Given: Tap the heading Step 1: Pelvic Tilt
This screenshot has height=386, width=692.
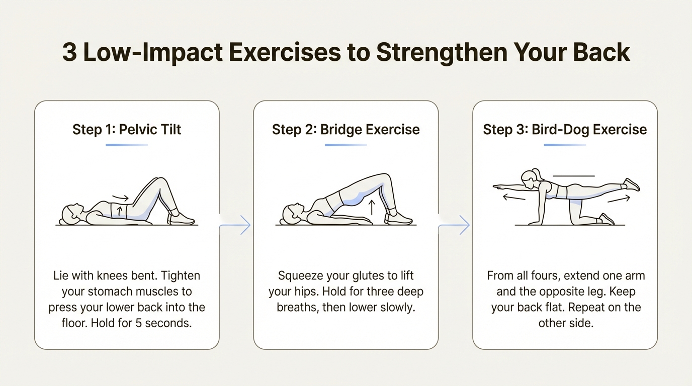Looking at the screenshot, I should pos(127,129).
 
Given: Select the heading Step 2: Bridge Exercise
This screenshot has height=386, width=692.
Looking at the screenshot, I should pos(346,129).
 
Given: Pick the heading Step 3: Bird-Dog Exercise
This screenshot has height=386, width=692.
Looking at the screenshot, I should pos(565,129).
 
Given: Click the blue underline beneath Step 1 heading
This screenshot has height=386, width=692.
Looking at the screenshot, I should pos(127,145).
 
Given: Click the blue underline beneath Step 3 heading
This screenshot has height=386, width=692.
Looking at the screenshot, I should pos(565,145).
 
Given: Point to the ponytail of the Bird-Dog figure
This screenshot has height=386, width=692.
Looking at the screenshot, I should pos(538,175).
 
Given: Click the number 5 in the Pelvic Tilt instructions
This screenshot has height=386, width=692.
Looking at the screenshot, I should pos(140,323).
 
